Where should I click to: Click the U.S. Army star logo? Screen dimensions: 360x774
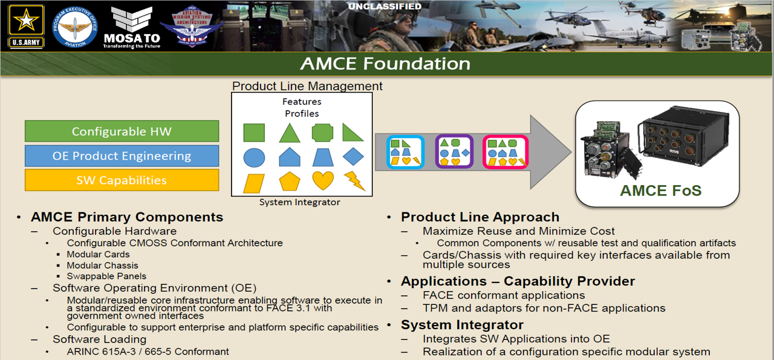pos(26,25)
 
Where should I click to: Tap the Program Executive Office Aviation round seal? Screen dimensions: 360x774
pos(75,27)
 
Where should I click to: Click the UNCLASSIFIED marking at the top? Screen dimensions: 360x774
pos(385,7)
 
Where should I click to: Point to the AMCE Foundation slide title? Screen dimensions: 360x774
pos(385,64)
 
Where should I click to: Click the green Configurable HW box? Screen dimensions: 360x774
pos(122,131)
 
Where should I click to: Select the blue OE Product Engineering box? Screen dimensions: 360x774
pos(122,155)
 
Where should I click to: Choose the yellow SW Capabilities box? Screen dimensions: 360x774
pos(122,180)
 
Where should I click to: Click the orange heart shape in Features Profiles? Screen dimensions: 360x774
pos(322,180)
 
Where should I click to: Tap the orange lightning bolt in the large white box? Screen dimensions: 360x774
pos(354,180)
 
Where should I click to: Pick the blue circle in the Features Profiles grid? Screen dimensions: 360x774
pos(254,157)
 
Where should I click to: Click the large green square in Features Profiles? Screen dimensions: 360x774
pos(254,133)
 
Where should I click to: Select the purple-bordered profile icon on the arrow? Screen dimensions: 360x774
pos(454,152)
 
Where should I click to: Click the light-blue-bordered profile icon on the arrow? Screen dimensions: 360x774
pos(405,152)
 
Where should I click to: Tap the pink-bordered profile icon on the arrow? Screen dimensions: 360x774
pos(505,152)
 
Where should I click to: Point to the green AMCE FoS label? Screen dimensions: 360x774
pos(660,191)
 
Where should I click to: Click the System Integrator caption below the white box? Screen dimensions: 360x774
pos(299,203)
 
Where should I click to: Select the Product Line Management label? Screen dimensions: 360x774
pos(307,86)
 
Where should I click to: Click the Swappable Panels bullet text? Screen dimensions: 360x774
pos(106,277)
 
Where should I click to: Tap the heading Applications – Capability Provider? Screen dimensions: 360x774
pos(518,281)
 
